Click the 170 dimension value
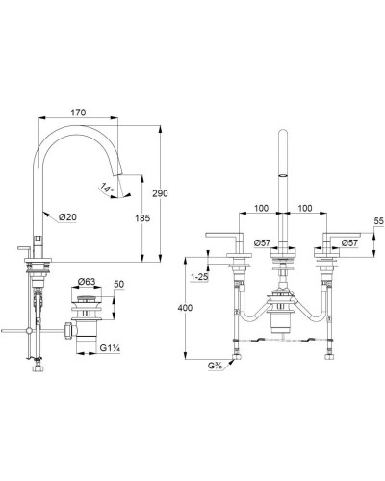tap(78, 113)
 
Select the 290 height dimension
tap(160, 193)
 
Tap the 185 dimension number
tap(142, 218)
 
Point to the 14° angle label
tap(107, 187)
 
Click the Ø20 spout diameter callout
tap(67, 217)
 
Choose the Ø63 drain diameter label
tap(87, 282)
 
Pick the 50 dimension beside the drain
tap(119, 284)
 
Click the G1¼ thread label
tap(110, 348)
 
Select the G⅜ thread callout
tap(216, 366)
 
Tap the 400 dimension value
tap(185, 308)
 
